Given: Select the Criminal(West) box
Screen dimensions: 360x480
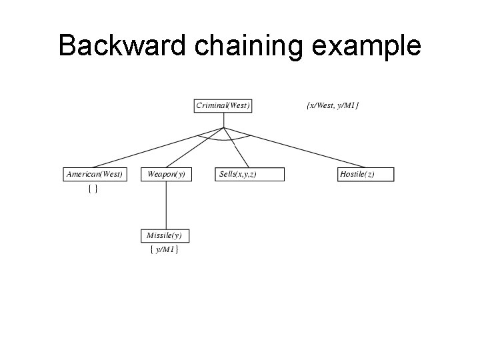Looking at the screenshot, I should pos(223,105).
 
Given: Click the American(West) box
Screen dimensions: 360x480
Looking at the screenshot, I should pos(94,174).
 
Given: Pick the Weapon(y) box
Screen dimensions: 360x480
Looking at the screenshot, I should pos(166,174).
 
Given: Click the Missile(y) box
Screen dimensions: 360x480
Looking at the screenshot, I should pos(166,235).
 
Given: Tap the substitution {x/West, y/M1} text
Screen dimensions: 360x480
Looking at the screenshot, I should pos(332,105).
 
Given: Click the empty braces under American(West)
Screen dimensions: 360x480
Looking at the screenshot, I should pos(94,190).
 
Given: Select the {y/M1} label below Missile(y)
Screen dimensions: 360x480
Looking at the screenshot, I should pos(164,250).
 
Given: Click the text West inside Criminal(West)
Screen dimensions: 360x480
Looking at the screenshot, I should pos(238,105).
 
